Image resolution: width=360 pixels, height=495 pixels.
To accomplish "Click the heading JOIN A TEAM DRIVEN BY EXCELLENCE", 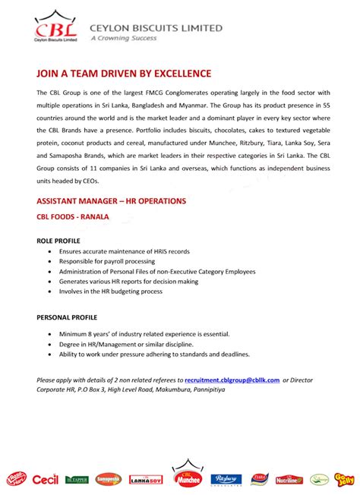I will pyautogui.click(x=124, y=73).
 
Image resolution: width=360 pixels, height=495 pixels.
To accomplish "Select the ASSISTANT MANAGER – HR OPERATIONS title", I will pyautogui.click(x=111, y=201).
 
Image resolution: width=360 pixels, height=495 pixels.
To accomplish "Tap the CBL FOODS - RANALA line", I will pyautogui.click(x=73, y=216).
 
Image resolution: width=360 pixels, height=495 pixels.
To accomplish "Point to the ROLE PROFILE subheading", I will pyautogui.click(x=58, y=240).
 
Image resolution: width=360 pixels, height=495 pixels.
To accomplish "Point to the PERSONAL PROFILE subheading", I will pyautogui.click(x=67, y=317).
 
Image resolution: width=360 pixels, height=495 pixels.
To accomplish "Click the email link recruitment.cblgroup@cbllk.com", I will pyautogui.click(x=232, y=380).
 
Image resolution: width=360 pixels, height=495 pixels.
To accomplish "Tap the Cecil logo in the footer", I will pyautogui.click(x=45, y=478).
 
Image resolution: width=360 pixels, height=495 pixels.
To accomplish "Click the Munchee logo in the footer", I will pyautogui.click(x=187, y=476).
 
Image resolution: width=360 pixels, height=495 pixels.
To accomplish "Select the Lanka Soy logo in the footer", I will pyautogui.click(x=147, y=479).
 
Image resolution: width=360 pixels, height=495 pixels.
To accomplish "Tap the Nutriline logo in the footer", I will pyautogui.click(x=289, y=479).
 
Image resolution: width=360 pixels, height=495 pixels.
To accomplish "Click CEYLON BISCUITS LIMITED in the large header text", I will pyautogui.click(x=156, y=27).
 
